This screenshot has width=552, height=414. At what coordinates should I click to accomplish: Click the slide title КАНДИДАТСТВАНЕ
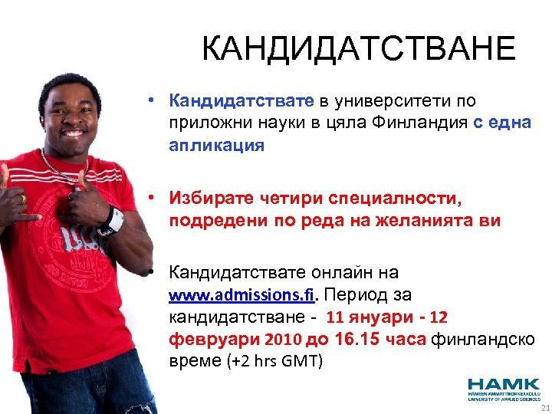tap(359, 50)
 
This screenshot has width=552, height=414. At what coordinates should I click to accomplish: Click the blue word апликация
tap(217, 145)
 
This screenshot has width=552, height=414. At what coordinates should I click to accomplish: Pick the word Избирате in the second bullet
tap(208, 199)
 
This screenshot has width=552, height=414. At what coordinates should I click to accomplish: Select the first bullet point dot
tap(153, 101)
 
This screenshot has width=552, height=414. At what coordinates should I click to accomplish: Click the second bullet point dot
tap(153, 199)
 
